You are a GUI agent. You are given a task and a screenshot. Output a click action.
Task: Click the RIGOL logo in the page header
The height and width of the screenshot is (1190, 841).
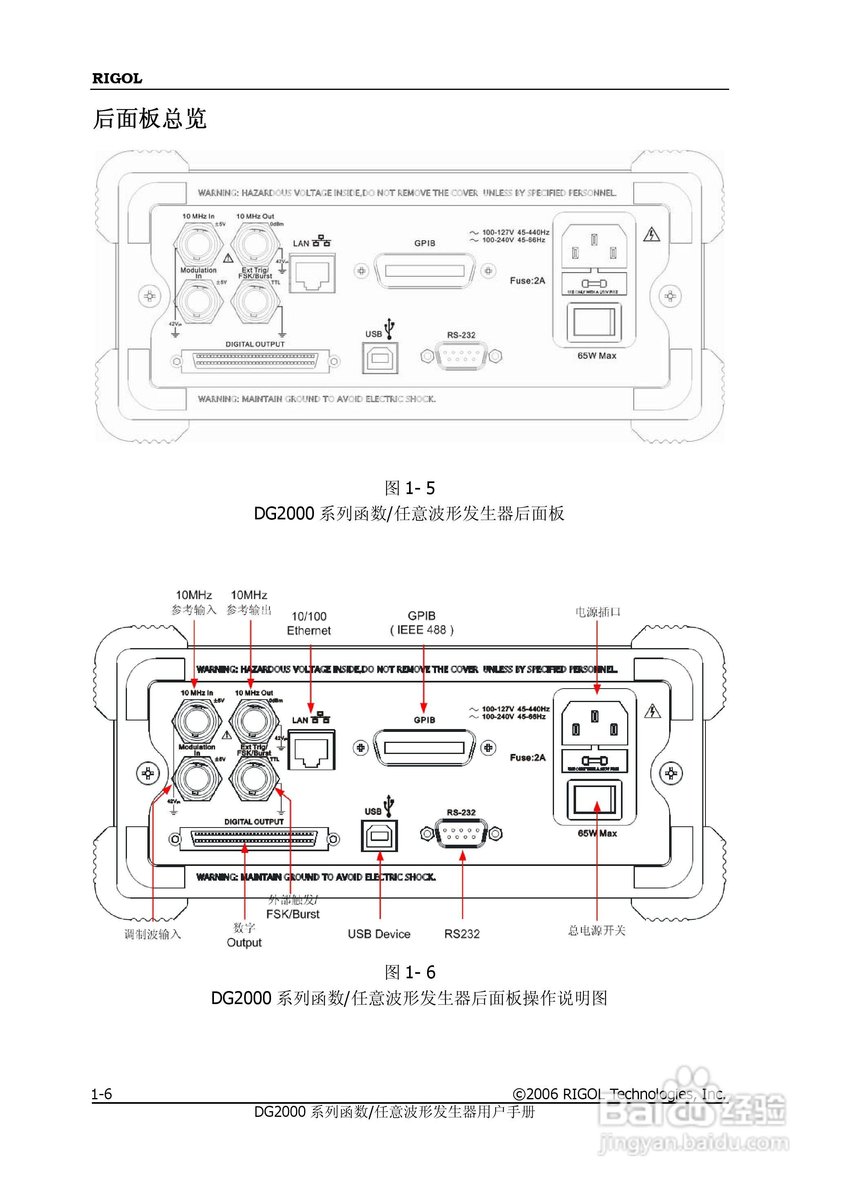pyautogui.click(x=117, y=79)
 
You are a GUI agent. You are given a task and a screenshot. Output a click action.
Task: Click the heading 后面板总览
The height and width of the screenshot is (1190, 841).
pyautogui.click(x=150, y=119)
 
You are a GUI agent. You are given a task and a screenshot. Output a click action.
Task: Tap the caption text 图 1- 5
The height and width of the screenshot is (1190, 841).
pyautogui.click(x=409, y=488)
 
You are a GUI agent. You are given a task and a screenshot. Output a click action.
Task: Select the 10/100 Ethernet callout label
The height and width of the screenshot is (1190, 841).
pyautogui.click(x=309, y=624)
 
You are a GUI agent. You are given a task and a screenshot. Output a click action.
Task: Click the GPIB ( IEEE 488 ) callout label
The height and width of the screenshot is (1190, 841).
pyautogui.click(x=422, y=622)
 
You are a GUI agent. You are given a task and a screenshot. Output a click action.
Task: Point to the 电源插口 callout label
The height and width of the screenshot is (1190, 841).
pyautogui.click(x=598, y=612)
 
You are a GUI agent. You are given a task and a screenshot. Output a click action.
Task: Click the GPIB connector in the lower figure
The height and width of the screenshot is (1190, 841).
pyautogui.click(x=424, y=748)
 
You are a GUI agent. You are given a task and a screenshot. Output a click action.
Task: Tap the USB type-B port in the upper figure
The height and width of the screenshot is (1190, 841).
pyautogui.click(x=380, y=358)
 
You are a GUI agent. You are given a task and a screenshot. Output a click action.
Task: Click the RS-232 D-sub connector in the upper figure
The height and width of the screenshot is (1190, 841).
pyautogui.click(x=461, y=356)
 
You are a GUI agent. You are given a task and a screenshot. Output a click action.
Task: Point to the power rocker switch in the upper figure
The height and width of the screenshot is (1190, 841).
pyautogui.click(x=594, y=322)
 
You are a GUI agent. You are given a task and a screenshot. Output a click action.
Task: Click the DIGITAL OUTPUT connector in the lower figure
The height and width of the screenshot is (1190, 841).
pyautogui.click(x=254, y=838)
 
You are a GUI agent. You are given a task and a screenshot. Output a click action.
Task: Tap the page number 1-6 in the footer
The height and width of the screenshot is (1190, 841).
pyautogui.click(x=102, y=1094)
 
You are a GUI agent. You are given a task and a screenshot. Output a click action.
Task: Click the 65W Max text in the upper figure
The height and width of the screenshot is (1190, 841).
pyautogui.click(x=596, y=356)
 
